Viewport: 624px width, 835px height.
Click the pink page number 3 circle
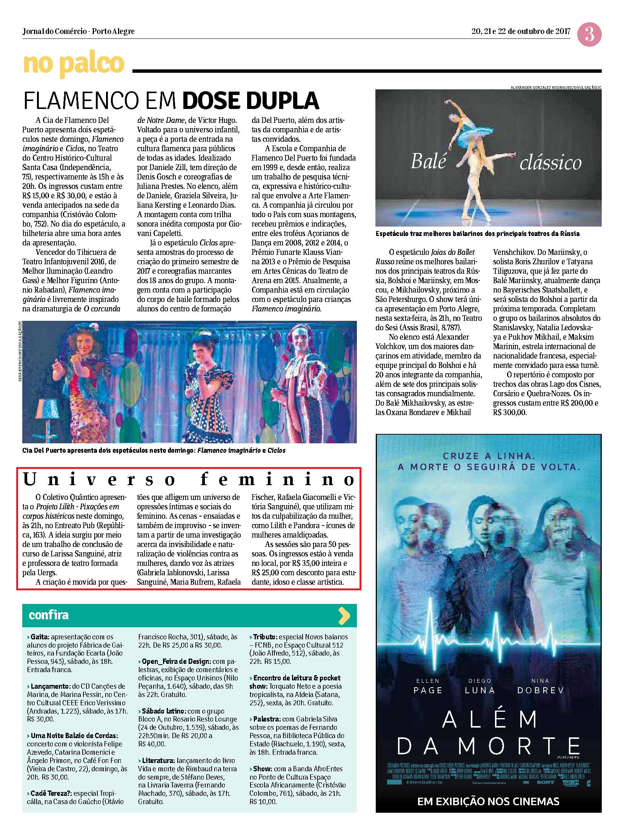tap(589, 35)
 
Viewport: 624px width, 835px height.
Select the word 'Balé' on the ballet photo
tap(428, 162)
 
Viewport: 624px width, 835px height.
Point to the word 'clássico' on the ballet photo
tap(550, 163)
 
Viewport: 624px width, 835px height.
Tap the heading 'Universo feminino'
tap(189, 480)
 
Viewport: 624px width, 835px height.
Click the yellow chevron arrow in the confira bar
tap(344, 616)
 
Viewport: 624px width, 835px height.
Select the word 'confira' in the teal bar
tap(49, 615)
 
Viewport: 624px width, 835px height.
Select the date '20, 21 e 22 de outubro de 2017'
tap(521, 31)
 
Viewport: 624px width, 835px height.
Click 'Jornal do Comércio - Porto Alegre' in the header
tap(78, 31)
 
